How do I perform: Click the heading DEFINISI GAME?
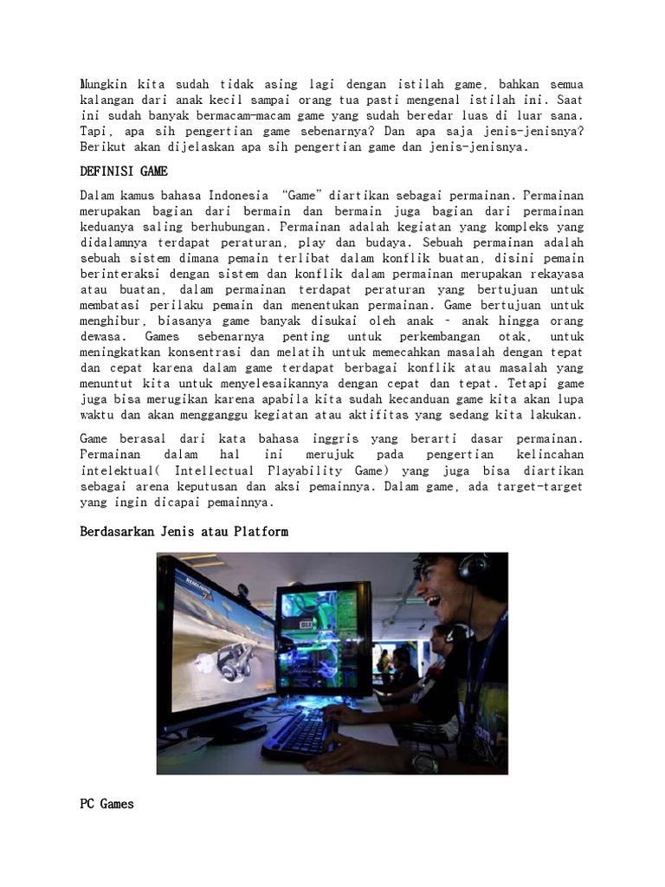(123, 172)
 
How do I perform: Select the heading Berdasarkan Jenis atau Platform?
(184, 531)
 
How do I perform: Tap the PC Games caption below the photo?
(107, 804)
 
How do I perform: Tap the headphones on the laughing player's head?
(472, 567)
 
